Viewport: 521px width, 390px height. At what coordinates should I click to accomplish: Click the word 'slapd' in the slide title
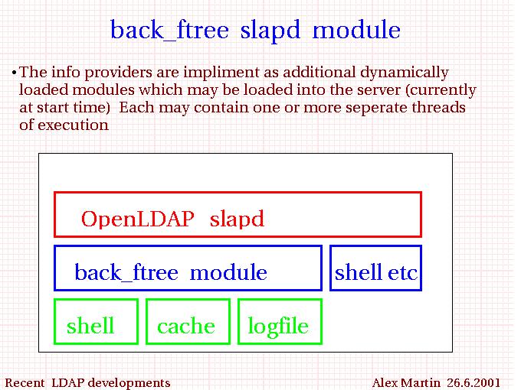point(270,31)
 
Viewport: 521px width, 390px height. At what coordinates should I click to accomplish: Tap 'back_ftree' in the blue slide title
point(169,30)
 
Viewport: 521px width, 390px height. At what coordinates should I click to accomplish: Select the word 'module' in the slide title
point(356,29)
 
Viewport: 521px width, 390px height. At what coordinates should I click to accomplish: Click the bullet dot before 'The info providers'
point(14,73)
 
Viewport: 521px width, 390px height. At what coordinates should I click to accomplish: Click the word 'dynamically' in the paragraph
point(405,73)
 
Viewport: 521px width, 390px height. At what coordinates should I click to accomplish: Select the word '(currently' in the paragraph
point(441,90)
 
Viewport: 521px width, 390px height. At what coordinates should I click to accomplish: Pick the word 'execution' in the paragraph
point(73,125)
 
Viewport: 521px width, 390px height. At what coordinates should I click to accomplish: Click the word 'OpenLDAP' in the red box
point(138,219)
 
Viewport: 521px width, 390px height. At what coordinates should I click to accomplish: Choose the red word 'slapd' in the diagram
point(237,219)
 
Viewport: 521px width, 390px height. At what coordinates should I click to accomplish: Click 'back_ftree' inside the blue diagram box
point(126,272)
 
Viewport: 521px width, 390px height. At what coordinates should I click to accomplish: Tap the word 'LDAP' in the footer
point(67,382)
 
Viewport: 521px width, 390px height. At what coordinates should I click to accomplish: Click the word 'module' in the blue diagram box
point(228,272)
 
